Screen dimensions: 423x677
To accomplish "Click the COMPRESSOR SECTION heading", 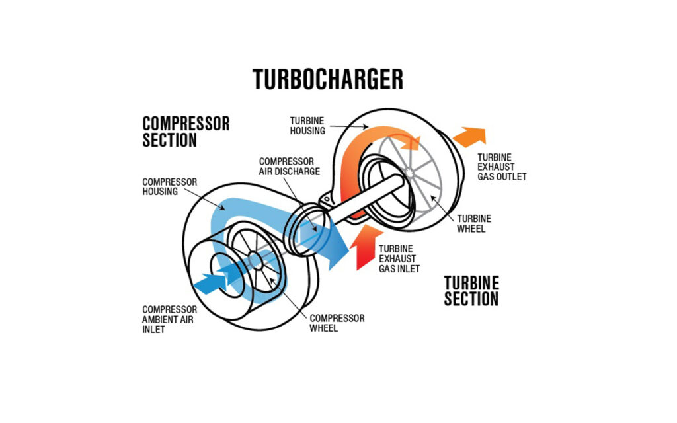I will [x=186, y=132].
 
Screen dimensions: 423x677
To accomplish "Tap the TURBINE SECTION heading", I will [x=471, y=291].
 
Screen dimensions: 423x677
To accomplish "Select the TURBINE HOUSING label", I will [x=307, y=126].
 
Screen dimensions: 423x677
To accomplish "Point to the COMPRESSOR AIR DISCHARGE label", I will [x=290, y=166].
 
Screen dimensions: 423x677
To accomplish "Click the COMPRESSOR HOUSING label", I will [x=160, y=186].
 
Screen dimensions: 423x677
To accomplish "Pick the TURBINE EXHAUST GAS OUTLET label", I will [x=502, y=167].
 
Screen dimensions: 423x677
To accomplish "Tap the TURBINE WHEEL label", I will [x=473, y=223].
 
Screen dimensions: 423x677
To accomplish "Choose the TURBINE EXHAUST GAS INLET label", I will [x=399, y=259].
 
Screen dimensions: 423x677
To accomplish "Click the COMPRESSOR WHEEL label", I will [x=337, y=323].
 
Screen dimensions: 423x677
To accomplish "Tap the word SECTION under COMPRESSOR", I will [x=170, y=140].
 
